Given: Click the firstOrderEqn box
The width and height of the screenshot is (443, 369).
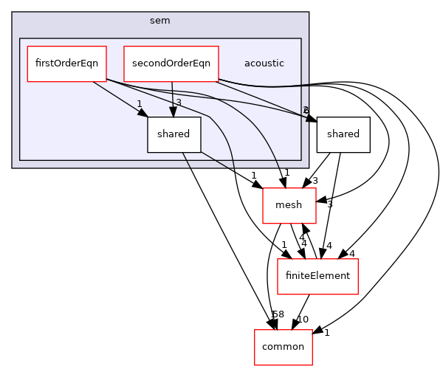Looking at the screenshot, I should [x=66, y=63].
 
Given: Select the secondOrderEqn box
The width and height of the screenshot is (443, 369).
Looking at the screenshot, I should [x=171, y=63].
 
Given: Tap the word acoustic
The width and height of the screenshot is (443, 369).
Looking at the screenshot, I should [x=264, y=63].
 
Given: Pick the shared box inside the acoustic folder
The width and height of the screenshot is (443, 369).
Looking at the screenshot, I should [x=174, y=134].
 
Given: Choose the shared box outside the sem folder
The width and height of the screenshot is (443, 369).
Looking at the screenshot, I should [x=343, y=134].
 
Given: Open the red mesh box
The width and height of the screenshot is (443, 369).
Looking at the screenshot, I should [x=289, y=205].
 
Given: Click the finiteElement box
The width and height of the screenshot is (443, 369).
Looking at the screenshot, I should [x=317, y=276].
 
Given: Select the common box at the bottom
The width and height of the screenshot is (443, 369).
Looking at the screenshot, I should [x=283, y=346].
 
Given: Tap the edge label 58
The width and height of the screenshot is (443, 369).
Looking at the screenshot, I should [x=278, y=314].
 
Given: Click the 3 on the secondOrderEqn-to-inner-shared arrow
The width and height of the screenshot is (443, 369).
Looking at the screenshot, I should [x=178, y=103].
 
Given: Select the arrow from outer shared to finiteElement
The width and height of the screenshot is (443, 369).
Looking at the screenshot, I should [x=331, y=207].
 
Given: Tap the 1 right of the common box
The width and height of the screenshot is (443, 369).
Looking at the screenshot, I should [x=326, y=332].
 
